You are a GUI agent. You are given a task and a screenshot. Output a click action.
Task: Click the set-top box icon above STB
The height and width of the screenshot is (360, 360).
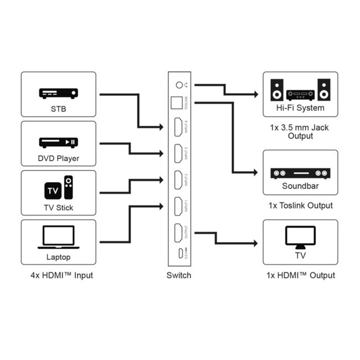[x=58, y=94]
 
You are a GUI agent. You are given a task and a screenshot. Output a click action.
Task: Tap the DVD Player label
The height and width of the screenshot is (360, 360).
[x=58, y=158]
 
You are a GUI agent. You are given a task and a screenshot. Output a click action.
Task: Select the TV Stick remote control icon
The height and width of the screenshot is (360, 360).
[x=68, y=188]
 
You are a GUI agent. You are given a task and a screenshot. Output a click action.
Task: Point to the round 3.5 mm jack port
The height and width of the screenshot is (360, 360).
[x=179, y=85]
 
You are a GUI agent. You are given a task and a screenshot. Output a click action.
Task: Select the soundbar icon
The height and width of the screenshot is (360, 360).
[x=300, y=173]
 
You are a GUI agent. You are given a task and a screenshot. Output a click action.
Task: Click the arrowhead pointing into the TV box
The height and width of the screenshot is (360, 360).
[x=255, y=243]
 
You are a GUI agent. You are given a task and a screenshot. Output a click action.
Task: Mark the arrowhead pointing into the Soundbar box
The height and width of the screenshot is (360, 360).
[x=255, y=173]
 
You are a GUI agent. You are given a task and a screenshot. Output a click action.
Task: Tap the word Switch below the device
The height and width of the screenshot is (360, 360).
[x=179, y=275]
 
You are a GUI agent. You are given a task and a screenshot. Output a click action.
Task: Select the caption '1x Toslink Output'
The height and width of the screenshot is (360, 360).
[x=300, y=205]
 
